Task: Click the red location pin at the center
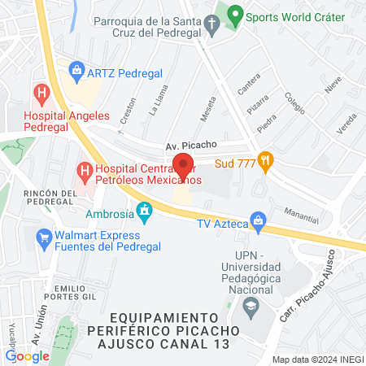pos(183,165)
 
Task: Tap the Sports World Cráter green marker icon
pos(235,15)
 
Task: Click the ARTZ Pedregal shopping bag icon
pos(77,71)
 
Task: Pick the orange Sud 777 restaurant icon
pos(264,160)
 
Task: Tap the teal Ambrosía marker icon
pos(145,213)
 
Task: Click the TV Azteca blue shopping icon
pos(259,220)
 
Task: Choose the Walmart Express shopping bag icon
pos(44,237)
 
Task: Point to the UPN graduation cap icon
pos(251,310)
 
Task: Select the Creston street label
pos(127,110)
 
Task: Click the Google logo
pos(28,355)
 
